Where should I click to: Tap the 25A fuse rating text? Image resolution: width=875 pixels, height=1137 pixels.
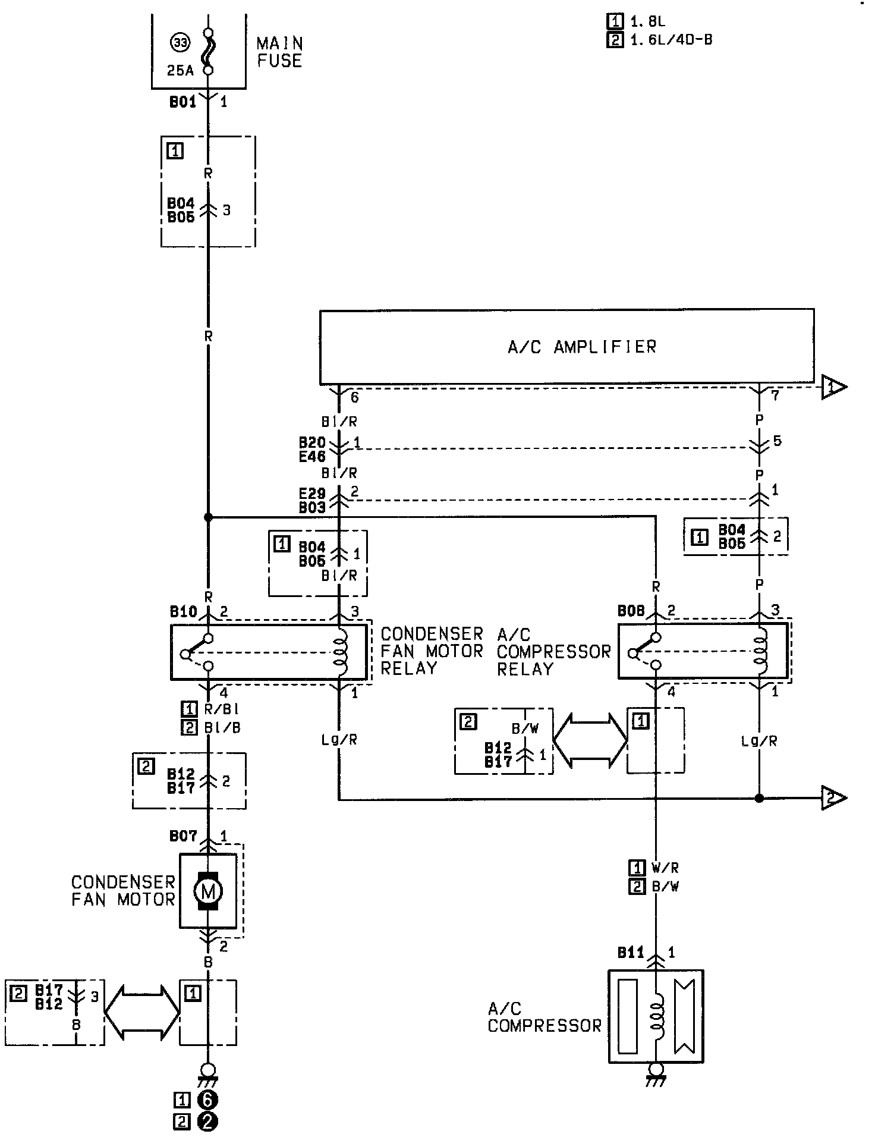180,71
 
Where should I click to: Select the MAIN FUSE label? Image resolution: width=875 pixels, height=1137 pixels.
279,52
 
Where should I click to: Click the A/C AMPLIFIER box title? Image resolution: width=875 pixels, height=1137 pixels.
582,347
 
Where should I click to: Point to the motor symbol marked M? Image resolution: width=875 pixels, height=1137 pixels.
208,891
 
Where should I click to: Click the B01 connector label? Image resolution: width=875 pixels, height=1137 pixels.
182,102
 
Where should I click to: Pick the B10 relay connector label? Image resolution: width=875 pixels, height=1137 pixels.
183,611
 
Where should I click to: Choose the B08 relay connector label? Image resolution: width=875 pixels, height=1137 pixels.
631,611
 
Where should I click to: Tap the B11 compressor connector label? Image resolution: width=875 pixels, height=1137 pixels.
631,952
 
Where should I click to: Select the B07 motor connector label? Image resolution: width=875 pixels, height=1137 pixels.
183,836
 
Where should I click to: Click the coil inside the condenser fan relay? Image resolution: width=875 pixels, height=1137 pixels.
341,652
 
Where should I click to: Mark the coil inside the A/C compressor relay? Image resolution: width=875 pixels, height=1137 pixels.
760,652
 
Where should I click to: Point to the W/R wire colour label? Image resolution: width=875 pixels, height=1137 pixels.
665,868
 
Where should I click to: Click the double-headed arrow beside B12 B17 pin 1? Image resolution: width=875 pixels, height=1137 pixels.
590,740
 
